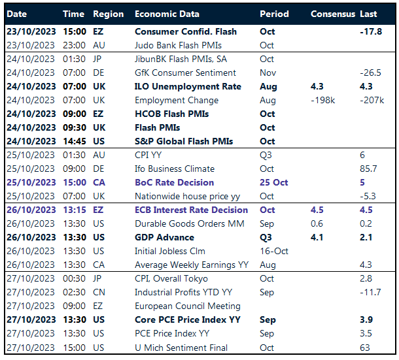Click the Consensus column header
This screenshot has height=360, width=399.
pos(333,14)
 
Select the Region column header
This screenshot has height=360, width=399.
pos(108,14)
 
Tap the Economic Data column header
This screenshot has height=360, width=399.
pos(167,14)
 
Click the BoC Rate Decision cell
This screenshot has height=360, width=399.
pos(174,183)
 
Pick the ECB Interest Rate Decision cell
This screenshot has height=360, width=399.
pos(191,210)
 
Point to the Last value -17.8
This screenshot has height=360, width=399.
pos(372,32)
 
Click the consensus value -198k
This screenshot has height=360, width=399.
pos(324,101)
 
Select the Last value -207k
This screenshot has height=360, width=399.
pos(372,101)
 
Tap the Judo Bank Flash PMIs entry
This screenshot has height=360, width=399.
pos(178,46)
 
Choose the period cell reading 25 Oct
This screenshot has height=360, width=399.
pos(273,183)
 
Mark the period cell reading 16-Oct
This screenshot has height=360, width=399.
pos(273,252)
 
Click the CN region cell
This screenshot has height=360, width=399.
pos(100,293)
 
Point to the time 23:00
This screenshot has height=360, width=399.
pos(74,46)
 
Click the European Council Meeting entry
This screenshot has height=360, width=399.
pos(187,306)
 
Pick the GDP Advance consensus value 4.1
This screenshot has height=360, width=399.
pos(318,238)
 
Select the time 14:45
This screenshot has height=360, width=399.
pos(74,142)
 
